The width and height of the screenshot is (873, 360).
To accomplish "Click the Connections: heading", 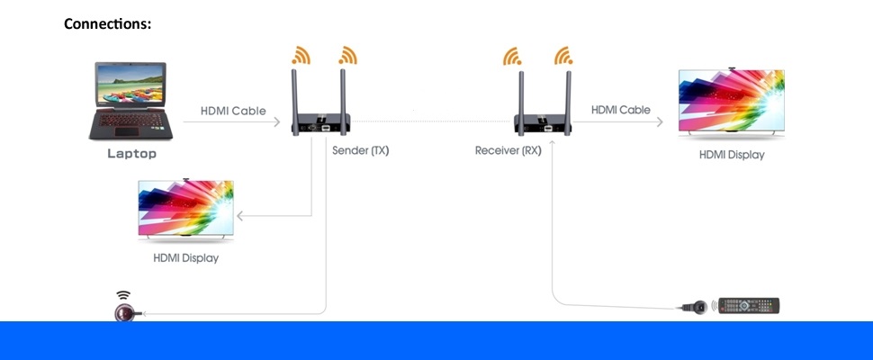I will coord(107,23).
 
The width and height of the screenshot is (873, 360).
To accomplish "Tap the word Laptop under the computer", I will coord(132,154).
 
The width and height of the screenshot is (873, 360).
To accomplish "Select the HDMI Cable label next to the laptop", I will coord(233,112).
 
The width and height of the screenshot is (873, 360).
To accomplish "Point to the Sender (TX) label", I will coord(360,150).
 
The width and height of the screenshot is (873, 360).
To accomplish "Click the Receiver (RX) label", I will coord(508,150).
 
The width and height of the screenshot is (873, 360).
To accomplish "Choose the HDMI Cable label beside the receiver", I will coord(621,110).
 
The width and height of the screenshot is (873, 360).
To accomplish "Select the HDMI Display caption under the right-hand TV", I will coord(732,155).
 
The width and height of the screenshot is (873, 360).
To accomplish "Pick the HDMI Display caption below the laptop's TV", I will coord(186,258).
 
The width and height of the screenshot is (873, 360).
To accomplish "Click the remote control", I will coord(747,306).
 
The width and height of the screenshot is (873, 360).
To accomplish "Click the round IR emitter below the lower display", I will coord(123,311).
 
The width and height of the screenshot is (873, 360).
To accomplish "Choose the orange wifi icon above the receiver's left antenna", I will coord(512,56).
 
